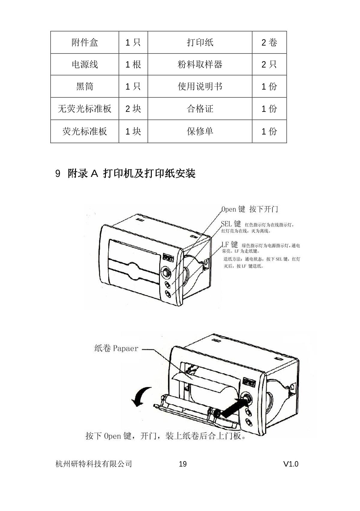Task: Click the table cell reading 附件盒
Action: (x=85, y=42)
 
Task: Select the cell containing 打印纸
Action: (x=200, y=42)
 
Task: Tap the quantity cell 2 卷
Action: (x=269, y=42)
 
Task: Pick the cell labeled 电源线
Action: (x=85, y=64)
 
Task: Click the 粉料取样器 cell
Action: (x=200, y=64)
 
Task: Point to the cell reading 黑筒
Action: (x=85, y=86)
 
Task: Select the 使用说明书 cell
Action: (x=200, y=86)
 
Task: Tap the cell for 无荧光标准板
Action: (x=85, y=109)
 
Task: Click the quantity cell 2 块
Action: (x=133, y=109)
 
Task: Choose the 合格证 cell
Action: (x=200, y=109)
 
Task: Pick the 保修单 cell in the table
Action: (x=200, y=131)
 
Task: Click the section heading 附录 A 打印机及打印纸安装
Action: (x=132, y=173)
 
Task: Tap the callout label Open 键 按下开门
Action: (x=250, y=209)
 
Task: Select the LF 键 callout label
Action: (x=230, y=245)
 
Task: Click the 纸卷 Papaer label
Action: (x=116, y=348)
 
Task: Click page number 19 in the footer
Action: (x=183, y=464)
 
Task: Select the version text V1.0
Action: (x=291, y=464)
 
